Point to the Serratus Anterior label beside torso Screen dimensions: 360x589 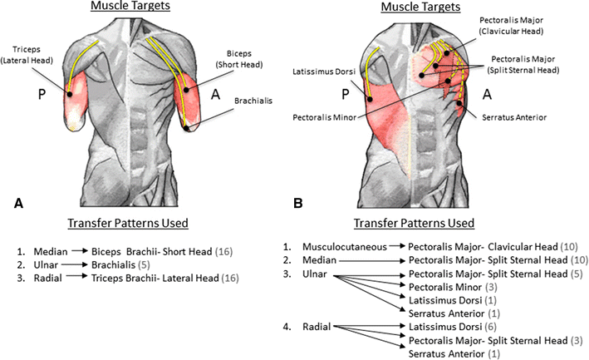tap(514, 117)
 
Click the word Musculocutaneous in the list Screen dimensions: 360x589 tap(346, 247)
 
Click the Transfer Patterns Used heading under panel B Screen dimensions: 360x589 tap(414, 224)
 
